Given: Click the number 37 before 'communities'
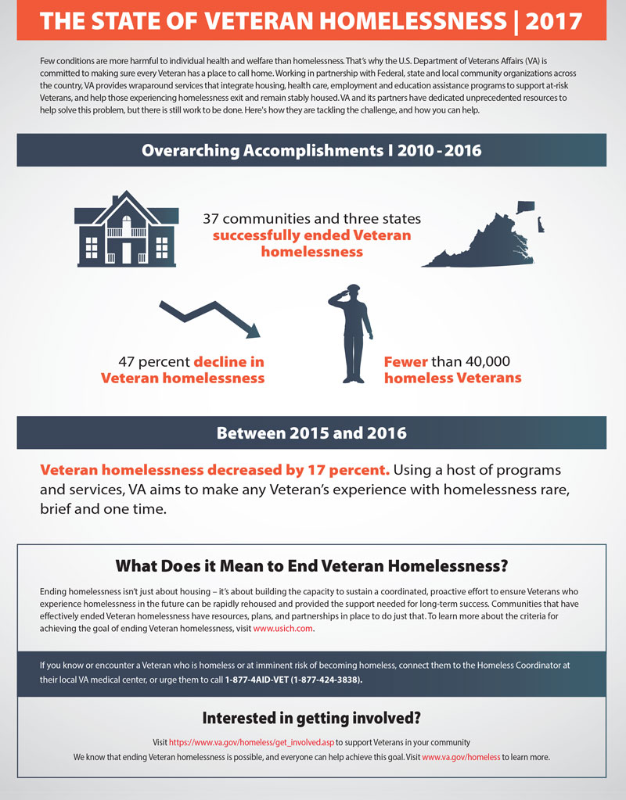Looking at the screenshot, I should [x=213, y=220].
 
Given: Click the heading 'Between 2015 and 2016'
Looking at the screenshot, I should [x=312, y=432].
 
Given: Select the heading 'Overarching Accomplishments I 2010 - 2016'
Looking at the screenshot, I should [x=312, y=149].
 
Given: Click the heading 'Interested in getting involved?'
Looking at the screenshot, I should [x=312, y=717].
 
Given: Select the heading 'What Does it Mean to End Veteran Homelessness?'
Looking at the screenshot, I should [x=312, y=565].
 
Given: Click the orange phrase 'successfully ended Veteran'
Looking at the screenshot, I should [x=312, y=235].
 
